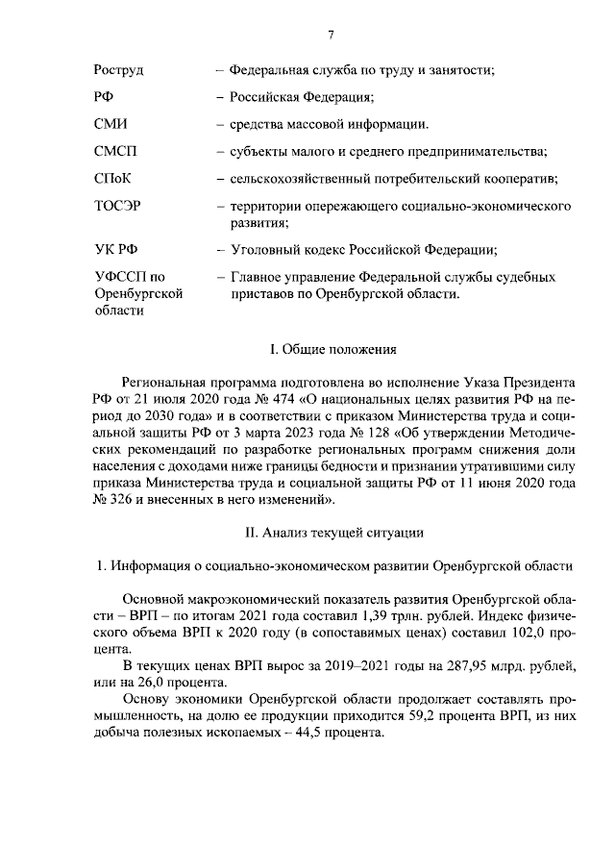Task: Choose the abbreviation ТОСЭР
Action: tap(119, 206)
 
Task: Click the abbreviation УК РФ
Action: tap(115, 250)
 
